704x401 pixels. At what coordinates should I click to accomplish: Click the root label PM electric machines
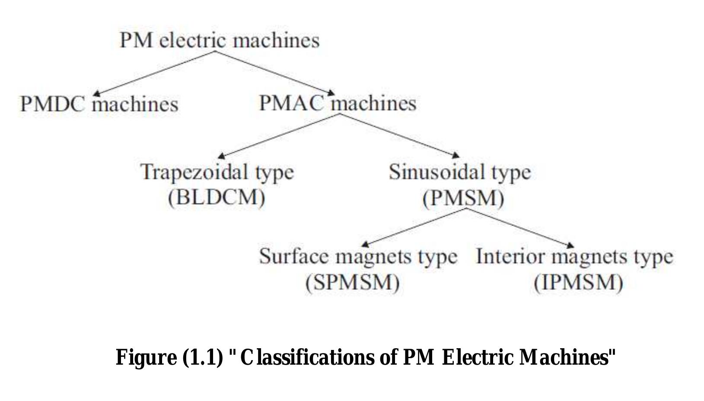click(220, 40)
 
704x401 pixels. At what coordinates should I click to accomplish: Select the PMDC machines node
click(99, 104)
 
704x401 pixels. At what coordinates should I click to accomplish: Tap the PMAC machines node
click(338, 103)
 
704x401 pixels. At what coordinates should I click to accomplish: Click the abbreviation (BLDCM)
click(217, 197)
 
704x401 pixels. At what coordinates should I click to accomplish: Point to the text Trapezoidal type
click(217, 172)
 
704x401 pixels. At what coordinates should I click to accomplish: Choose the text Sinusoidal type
click(459, 172)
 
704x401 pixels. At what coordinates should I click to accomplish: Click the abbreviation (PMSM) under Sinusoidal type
click(463, 198)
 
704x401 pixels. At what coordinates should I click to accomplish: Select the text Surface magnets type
click(358, 256)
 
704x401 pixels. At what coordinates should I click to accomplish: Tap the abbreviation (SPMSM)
click(352, 282)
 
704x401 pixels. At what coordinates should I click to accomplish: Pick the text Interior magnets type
click(574, 256)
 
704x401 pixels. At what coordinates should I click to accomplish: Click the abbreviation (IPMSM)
click(578, 283)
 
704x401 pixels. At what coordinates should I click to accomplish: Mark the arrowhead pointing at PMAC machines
click(331, 93)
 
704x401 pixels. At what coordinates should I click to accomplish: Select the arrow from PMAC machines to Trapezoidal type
click(279, 135)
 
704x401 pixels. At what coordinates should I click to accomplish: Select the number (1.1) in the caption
click(203, 357)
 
